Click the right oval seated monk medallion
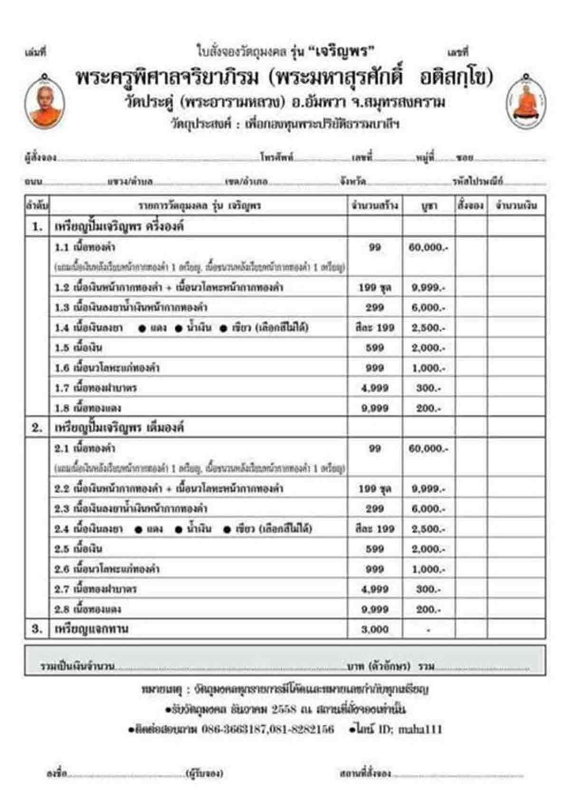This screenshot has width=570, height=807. tap(526, 101)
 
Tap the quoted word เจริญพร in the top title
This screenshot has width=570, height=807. tap(345, 51)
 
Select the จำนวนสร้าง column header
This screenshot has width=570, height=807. tap(375, 206)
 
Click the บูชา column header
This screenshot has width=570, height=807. tap(429, 206)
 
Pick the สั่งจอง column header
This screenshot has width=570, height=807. tap(471, 206)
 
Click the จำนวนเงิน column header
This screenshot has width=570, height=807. tap(516, 206)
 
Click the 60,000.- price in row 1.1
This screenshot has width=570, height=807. tap(428, 247)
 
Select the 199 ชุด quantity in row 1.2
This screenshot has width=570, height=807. tap(375, 287)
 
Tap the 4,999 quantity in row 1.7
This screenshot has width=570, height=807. tap(375, 388)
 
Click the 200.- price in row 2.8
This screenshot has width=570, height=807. tap(428, 609)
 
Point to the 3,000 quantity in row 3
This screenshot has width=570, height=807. tap(375, 629)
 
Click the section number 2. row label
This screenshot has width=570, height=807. tap(37, 428)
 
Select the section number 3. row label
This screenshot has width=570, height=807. tap(37, 629)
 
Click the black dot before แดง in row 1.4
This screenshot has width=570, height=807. tap(142, 328)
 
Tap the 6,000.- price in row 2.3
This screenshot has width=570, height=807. tap(428, 508)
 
